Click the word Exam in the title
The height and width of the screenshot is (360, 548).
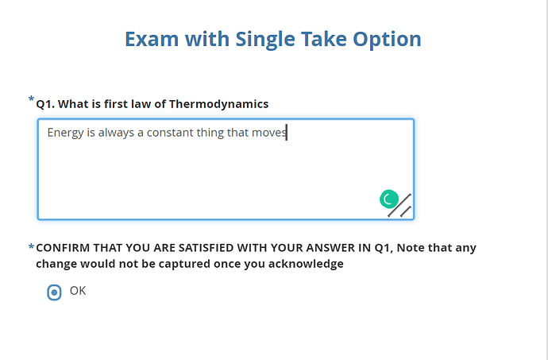tap(152, 39)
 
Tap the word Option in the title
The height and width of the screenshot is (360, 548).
tap(387, 40)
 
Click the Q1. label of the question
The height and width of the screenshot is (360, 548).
tap(45, 104)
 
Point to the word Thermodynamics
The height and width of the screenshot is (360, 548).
tap(218, 104)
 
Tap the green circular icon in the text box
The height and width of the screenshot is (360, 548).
tap(389, 199)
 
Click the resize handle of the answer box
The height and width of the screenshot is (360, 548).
tap(399, 206)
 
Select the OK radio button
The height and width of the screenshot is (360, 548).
tap(54, 292)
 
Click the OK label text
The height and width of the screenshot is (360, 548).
tap(78, 291)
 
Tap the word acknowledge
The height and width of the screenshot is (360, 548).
tap(306, 264)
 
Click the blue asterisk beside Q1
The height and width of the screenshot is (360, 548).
tap(31, 99)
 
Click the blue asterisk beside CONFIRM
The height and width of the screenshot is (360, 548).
tap(31, 247)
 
